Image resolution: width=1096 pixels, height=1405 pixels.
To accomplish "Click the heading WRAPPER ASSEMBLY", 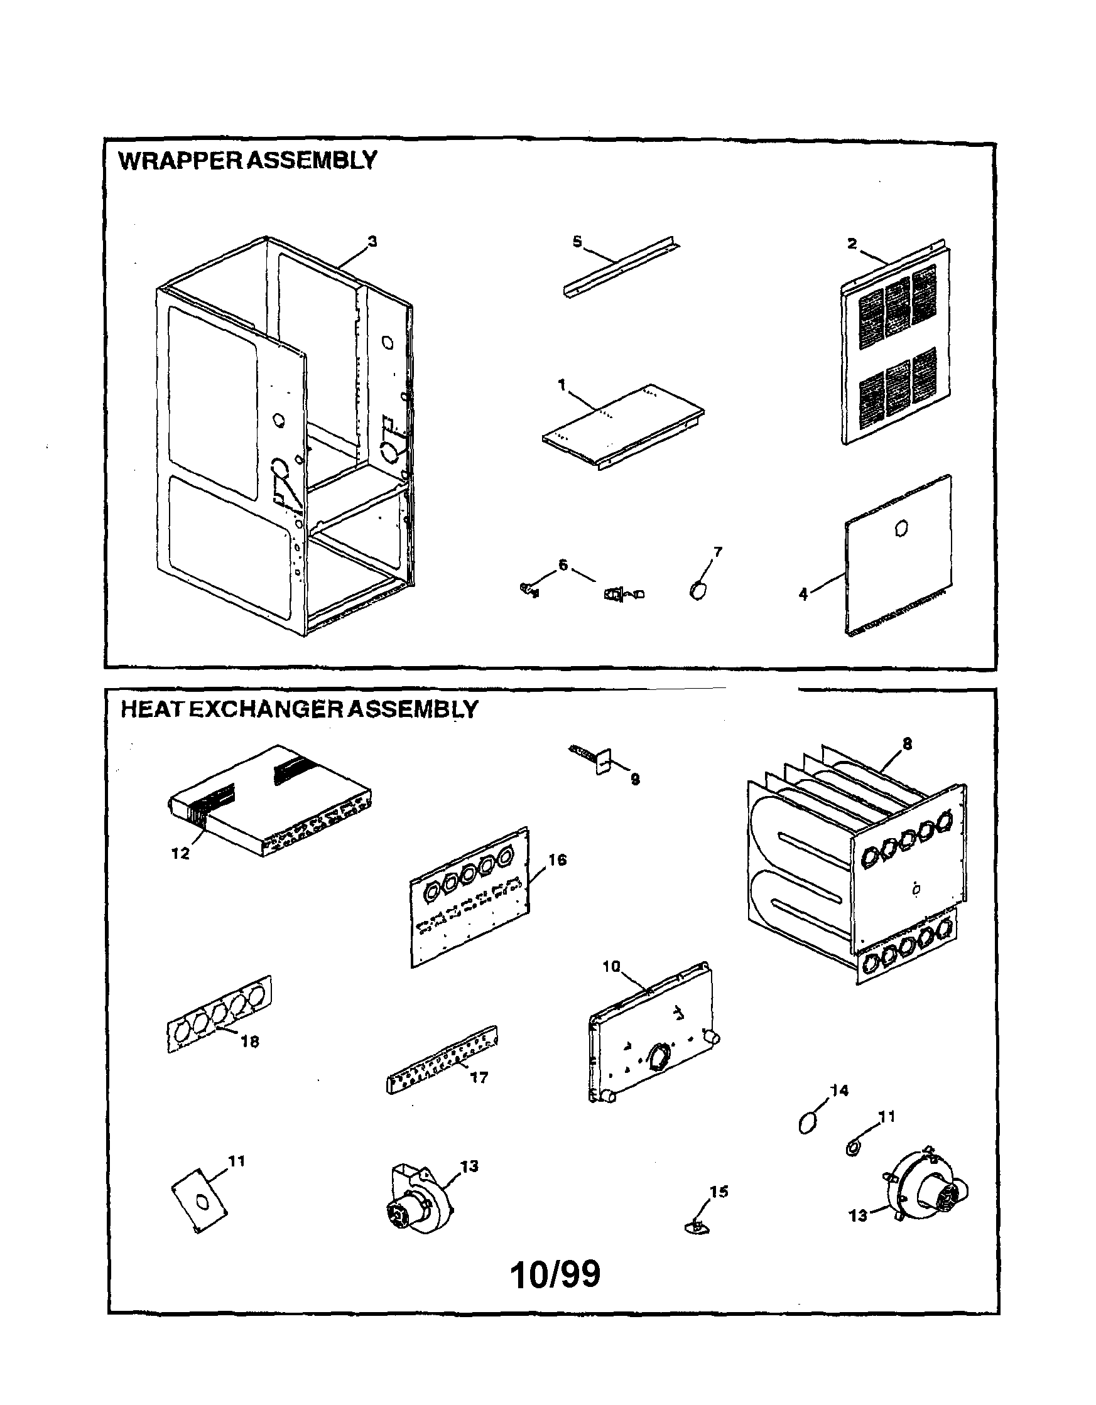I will pyautogui.click(x=247, y=160).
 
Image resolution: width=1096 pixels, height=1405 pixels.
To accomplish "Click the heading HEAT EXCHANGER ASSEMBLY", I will pyautogui.click(x=299, y=709).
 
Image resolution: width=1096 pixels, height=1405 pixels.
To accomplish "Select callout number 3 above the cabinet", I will pyautogui.click(x=372, y=242).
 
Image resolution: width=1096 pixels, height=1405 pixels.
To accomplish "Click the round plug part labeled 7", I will pyautogui.click(x=698, y=589).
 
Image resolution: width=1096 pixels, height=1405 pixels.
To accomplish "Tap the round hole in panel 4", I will pyautogui.click(x=901, y=529).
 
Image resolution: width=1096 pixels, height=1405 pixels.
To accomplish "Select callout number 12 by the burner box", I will pyautogui.click(x=180, y=853).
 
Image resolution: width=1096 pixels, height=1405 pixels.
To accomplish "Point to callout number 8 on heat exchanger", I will pyautogui.click(x=907, y=745).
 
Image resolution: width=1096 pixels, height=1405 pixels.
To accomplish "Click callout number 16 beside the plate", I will pyautogui.click(x=557, y=860).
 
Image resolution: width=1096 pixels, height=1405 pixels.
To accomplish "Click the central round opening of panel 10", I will pyautogui.click(x=658, y=1057).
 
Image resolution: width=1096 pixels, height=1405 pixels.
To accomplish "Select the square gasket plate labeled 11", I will pyautogui.click(x=200, y=1200).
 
